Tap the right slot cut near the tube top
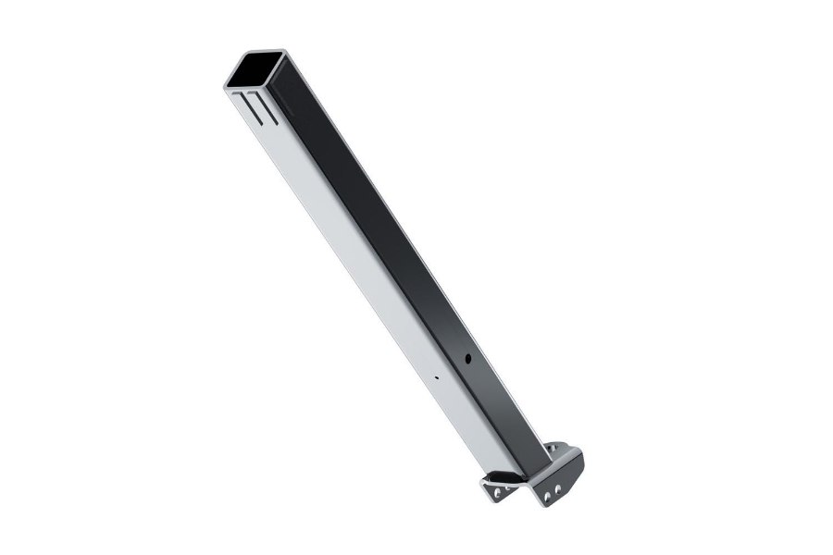(x=264, y=107)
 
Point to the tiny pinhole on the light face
(x=435, y=376)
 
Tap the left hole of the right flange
(x=548, y=497)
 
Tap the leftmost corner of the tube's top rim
(x=226, y=85)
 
